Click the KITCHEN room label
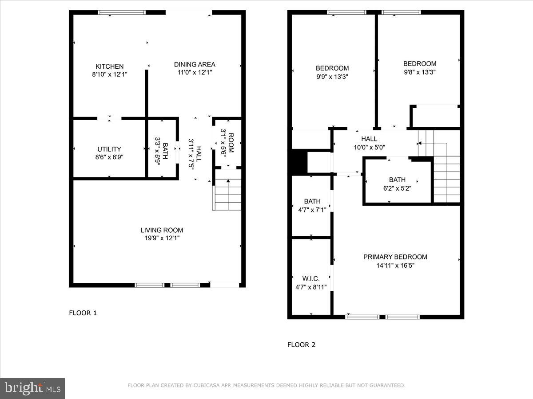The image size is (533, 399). point(110,66)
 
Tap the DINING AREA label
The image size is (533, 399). point(195,64)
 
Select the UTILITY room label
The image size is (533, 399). point(109,149)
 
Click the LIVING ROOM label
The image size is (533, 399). point(162,230)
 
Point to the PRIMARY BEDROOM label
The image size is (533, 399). point(395,257)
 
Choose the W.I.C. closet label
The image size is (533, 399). point(311,278)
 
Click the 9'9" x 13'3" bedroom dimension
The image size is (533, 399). point(332,76)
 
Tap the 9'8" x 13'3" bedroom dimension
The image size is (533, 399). point(420,72)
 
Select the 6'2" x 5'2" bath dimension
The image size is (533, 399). point(397,188)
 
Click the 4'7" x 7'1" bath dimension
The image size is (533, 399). point(312,210)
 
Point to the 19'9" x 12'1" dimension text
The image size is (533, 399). point(162,239)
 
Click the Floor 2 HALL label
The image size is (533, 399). point(369,139)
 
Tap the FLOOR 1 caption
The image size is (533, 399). point(83,313)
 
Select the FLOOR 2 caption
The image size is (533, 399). point(301,344)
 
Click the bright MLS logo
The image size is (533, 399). point(32,388)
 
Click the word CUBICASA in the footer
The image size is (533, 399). point(206,386)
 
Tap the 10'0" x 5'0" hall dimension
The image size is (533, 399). point(369,147)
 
